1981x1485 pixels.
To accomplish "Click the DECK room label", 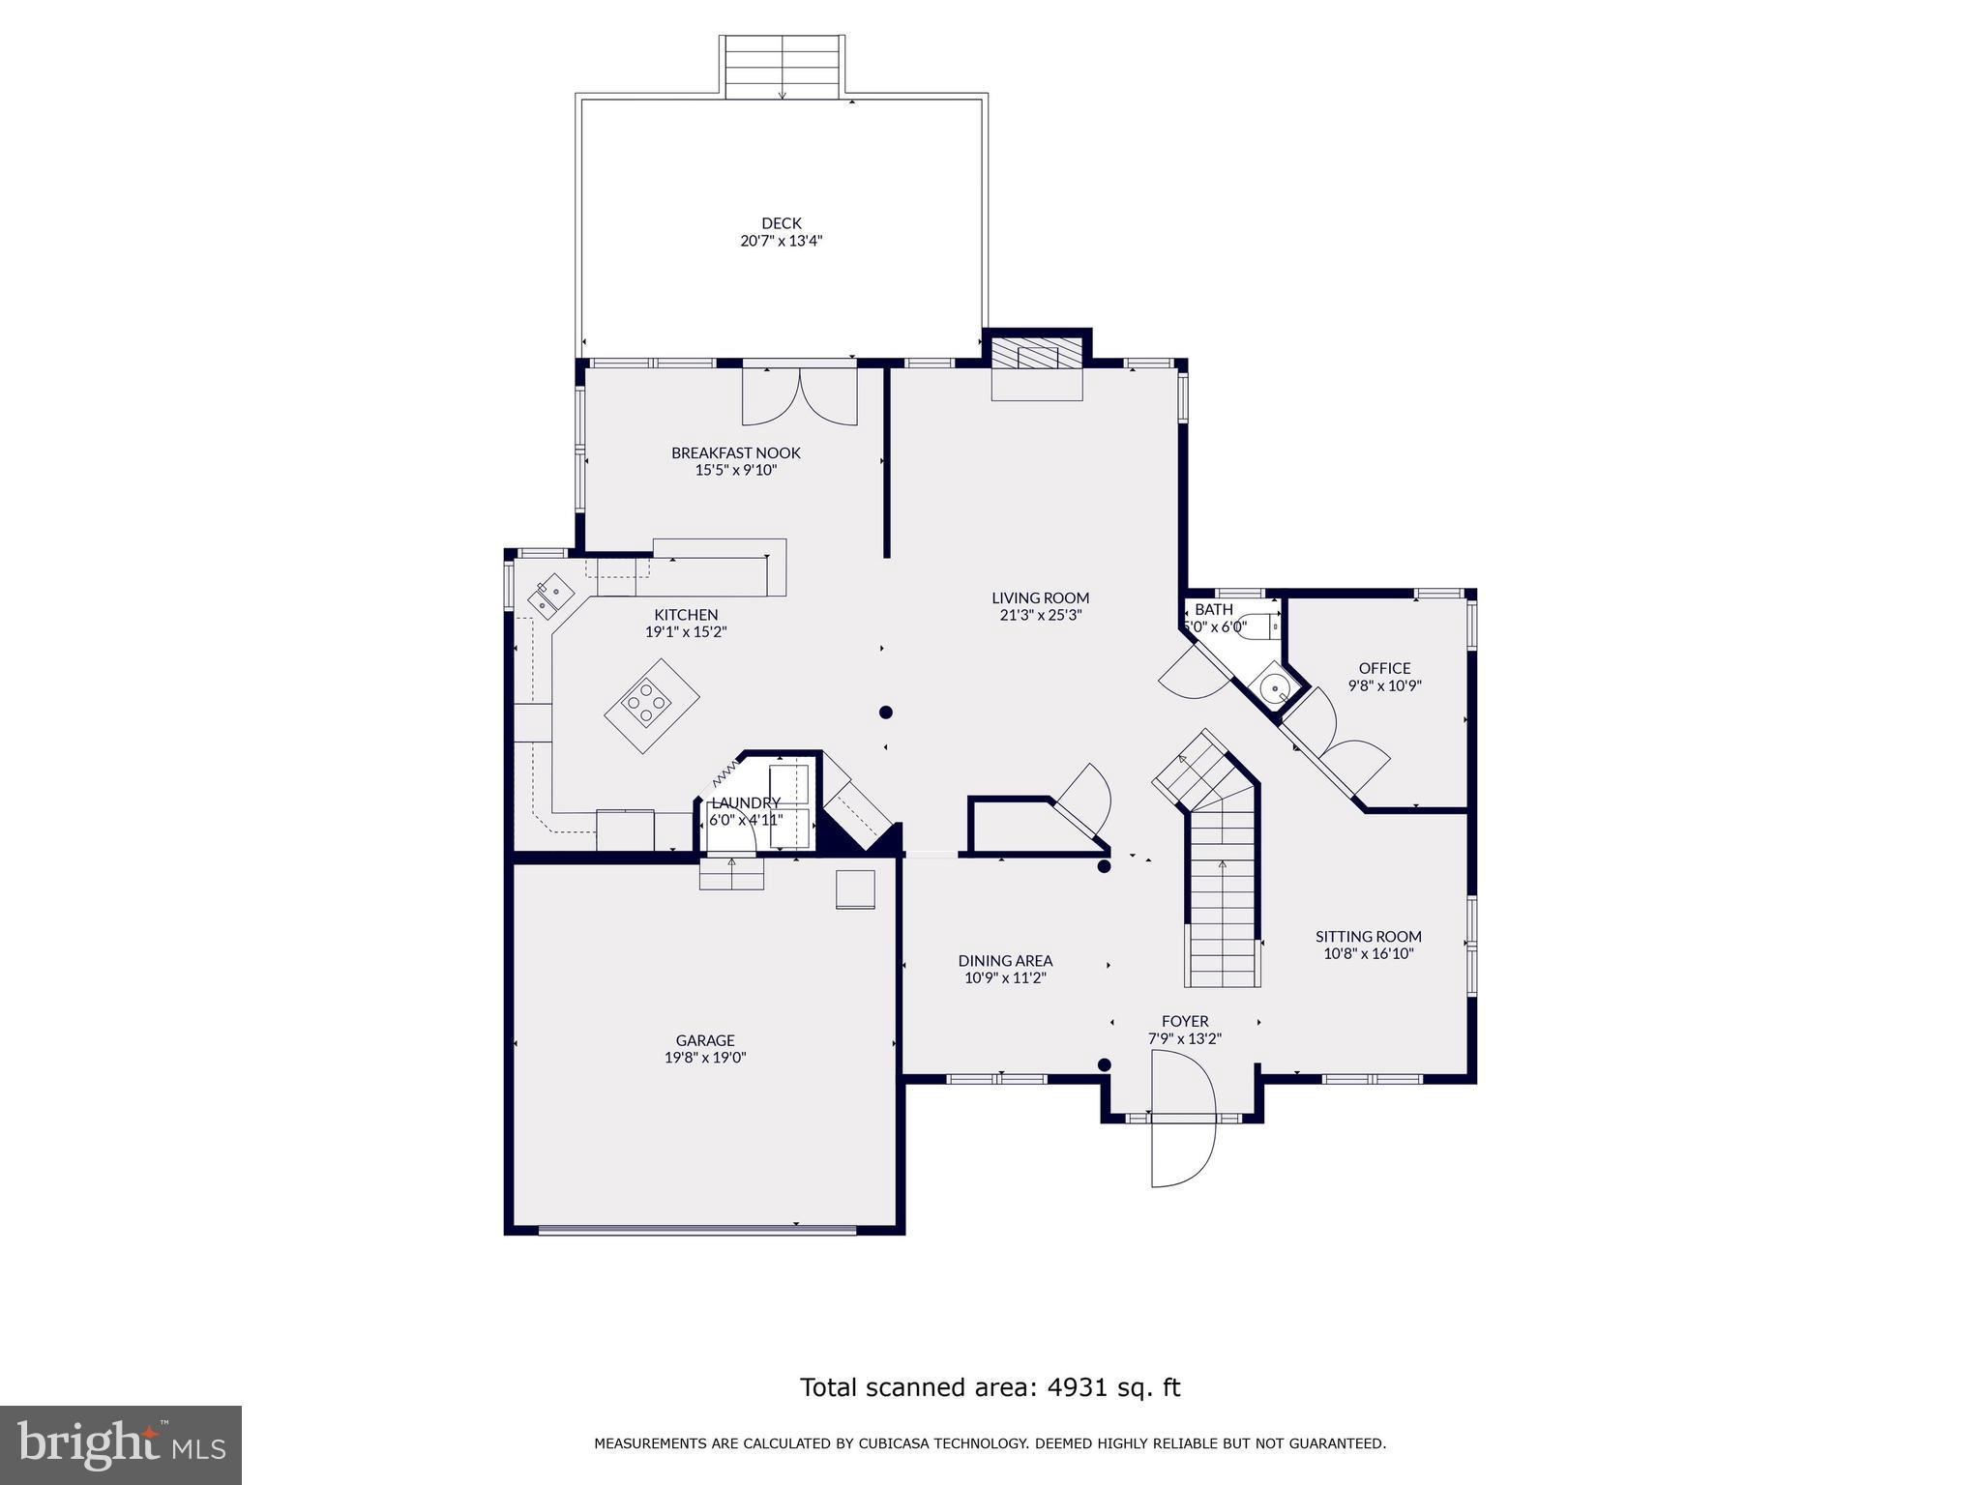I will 781,223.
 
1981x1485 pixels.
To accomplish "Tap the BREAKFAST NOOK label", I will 736,452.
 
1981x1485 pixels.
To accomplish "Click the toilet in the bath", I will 1258,626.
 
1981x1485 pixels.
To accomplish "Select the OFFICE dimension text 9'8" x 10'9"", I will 1384,685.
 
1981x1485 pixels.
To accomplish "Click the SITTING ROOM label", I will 1368,936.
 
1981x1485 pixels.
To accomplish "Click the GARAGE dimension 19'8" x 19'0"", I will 705,1058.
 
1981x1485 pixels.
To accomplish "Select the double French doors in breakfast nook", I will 799,396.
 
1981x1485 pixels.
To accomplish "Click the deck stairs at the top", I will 783,68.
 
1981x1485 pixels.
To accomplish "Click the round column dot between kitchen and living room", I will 885,713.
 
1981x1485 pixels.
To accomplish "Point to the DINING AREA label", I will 1005,960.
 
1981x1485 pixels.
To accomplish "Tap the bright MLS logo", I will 120,1444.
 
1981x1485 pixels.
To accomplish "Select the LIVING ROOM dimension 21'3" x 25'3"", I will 1040,615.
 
